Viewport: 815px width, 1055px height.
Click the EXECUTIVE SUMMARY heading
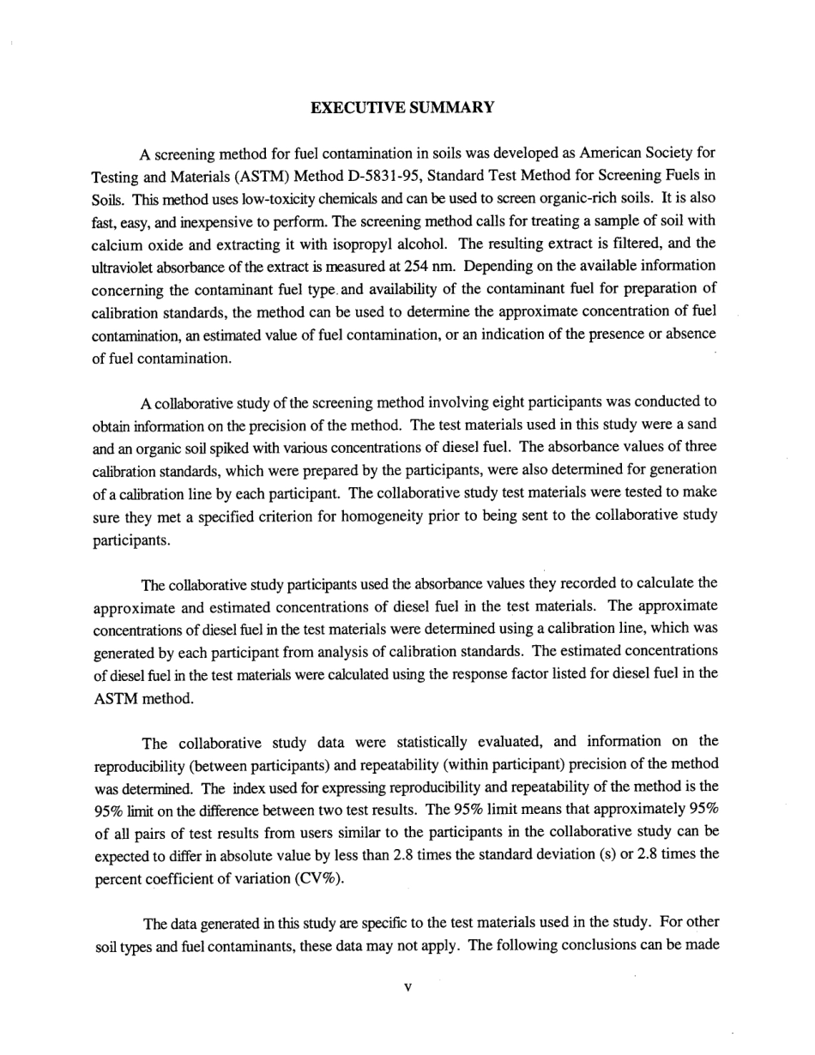tap(402, 107)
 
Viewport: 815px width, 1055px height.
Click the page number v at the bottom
tap(407, 987)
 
